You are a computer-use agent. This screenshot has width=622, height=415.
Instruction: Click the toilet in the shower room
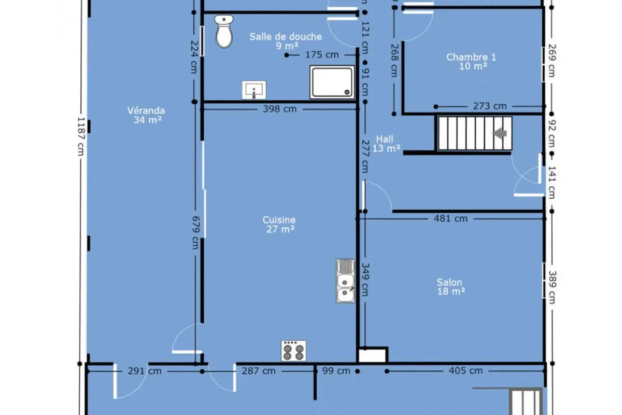(224, 32)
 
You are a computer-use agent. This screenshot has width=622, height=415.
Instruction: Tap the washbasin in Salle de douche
(254, 90)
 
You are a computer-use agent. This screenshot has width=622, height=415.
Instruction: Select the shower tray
(332, 82)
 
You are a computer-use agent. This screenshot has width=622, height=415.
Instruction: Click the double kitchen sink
(345, 281)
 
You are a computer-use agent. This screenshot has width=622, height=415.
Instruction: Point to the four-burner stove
(293, 351)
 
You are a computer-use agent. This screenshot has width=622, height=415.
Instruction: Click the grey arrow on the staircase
(500, 133)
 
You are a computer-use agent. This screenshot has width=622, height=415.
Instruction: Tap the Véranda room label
(146, 115)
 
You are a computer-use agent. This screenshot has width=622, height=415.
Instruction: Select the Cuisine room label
(279, 224)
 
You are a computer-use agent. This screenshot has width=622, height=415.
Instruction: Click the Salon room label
(450, 287)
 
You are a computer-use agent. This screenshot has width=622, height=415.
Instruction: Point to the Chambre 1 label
(471, 61)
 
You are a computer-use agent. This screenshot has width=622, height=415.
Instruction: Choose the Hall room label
(386, 144)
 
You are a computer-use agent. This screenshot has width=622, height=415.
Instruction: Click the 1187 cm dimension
(81, 136)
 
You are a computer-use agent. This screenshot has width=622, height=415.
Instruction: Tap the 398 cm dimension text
(279, 109)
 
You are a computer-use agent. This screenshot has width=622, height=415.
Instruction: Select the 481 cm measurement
(450, 218)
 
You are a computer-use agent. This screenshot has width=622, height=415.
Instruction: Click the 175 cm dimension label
(322, 55)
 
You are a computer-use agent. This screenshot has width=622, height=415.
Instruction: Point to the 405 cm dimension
(465, 370)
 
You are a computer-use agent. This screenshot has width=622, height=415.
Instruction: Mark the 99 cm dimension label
(336, 371)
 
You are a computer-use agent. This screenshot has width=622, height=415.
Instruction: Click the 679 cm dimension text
(196, 232)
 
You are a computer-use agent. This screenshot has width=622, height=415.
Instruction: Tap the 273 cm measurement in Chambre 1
(490, 106)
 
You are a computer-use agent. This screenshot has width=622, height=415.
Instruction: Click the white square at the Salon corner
(372, 355)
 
